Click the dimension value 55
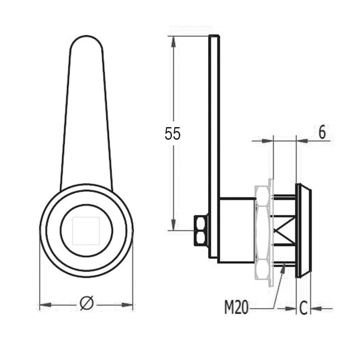pyautogui.click(x=172, y=133)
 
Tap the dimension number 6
pyautogui.click(x=323, y=132)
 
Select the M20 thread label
pyautogui.click(x=236, y=307)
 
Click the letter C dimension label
pyautogui.click(x=303, y=308)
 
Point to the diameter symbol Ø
pyautogui.click(x=87, y=303)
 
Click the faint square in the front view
pyautogui.click(x=86, y=231)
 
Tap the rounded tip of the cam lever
pyautogui.click(x=86, y=37)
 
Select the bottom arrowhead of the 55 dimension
pyautogui.click(x=173, y=225)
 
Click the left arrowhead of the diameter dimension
pyautogui.click(x=45, y=305)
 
